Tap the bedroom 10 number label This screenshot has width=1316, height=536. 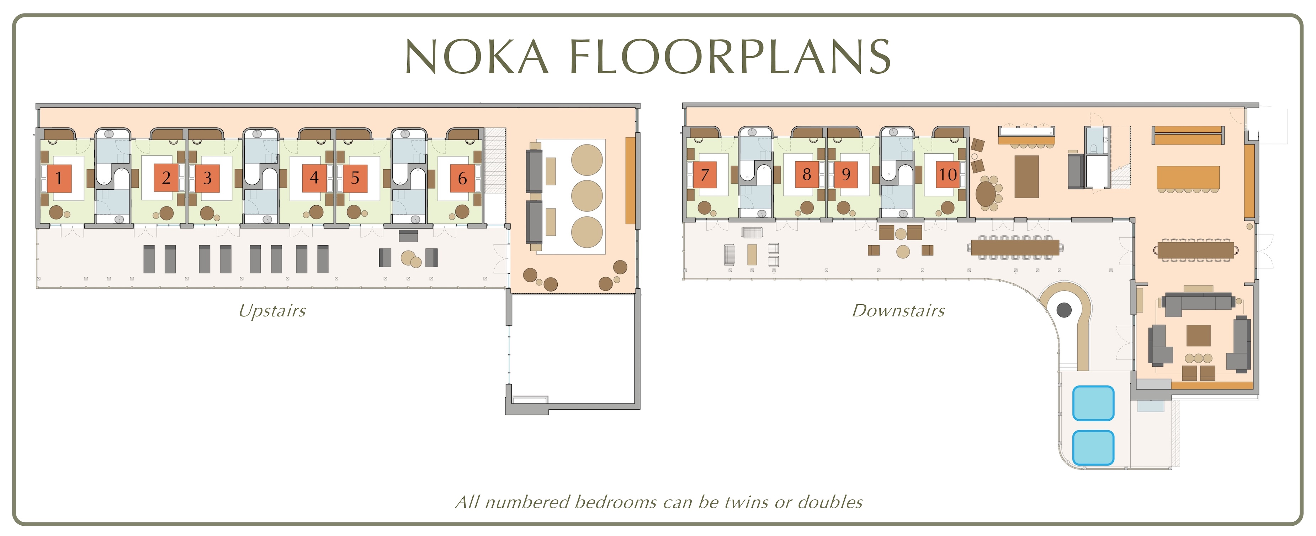[x=947, y=174]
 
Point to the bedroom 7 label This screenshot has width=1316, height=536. [x=705, y=174]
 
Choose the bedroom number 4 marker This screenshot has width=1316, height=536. [x=314, y=178]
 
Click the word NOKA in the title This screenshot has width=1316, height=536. [x=477, y=56]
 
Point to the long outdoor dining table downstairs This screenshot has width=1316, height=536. [x=1015, y=247]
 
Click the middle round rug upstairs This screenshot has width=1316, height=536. [x=587, y=196]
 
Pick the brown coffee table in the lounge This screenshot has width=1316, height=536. [x=1198, y=336]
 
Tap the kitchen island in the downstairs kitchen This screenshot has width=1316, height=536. [x=1026, y=176]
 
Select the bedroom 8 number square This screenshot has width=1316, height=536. [x=807, y=174]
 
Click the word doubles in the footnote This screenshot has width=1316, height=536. [x=830, y=502]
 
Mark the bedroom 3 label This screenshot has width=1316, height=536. [x=207, y=178]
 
